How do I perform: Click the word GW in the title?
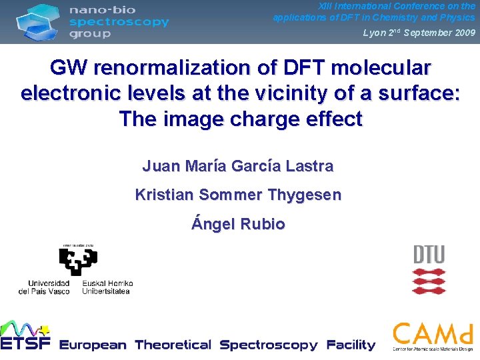click(x=69, y=68)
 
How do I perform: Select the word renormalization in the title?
click(x=171, y=68)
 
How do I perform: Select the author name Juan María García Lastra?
click(x=238, y=166)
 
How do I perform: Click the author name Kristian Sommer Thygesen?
click(x=238, y=195)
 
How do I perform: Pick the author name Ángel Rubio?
click(x=238, y=224)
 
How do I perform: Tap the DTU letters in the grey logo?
click(x=429, y=255)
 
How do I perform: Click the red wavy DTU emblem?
click(x=429, y=281)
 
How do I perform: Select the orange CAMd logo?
click(x=433, y=336)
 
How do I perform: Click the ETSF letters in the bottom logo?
click(x=25, y=344)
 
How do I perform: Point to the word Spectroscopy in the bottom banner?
click(x=269, y=345)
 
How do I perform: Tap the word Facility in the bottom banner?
click(x=351, y=345)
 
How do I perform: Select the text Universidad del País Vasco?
click(x=44, y=287)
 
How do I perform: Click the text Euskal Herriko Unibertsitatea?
click(x=108, y=287)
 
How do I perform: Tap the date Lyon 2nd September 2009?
click(x=419, y=33)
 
